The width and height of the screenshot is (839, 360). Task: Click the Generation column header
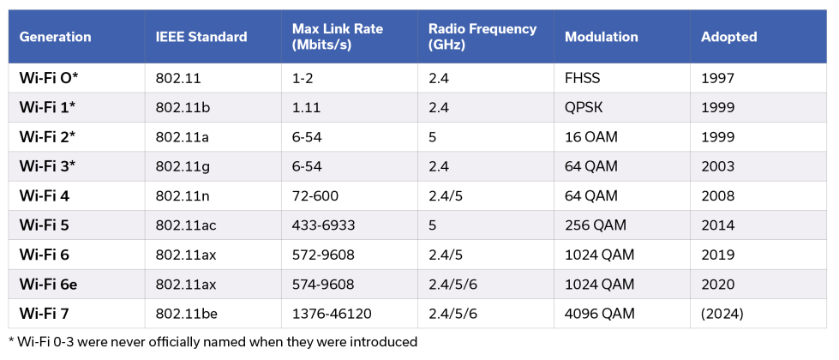[55, 37]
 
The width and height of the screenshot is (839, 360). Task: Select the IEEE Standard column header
[201, 37]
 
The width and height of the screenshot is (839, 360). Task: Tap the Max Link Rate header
[337, 37]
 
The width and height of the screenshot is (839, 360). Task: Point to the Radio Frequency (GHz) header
[482, 37]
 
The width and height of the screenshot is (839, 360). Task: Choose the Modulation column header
[601, 37]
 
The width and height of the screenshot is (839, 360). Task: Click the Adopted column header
[728, 37]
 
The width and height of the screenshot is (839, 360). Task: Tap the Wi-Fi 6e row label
[49, 285]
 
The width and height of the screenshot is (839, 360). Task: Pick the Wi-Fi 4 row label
[44, 196]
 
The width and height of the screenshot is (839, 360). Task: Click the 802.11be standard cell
[188, 314]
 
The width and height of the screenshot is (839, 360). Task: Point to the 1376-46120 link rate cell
[331, 314]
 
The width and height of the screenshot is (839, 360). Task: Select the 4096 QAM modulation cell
[600, 314]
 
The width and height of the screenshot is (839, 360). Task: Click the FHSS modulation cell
[583, 78]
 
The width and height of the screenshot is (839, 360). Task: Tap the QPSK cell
[584, 107]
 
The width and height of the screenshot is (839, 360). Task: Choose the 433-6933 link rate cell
[324, 225]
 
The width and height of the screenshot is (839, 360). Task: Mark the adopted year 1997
[717, 78]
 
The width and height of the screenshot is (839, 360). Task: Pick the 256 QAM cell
[596, 225]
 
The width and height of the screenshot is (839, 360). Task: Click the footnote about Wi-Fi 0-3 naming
[213, 342]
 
